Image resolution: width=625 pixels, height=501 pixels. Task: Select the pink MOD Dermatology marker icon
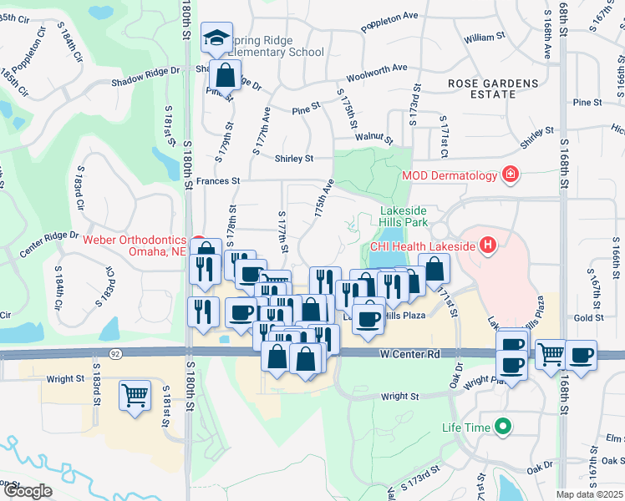[x=509, y=175]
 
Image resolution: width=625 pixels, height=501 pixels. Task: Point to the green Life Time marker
[x=502, y=428]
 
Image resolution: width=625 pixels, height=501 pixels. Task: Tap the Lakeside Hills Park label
[x=404, y=217]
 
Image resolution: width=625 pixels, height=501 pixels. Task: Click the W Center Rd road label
[x=409, y=354]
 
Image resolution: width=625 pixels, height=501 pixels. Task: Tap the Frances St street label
[x=218, y=180]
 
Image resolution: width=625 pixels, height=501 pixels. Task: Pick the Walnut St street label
[x=373, y=137]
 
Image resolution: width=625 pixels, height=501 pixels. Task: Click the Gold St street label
[x=588, y=318]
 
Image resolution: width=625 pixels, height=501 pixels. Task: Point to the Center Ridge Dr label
[x=49, y=244]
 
